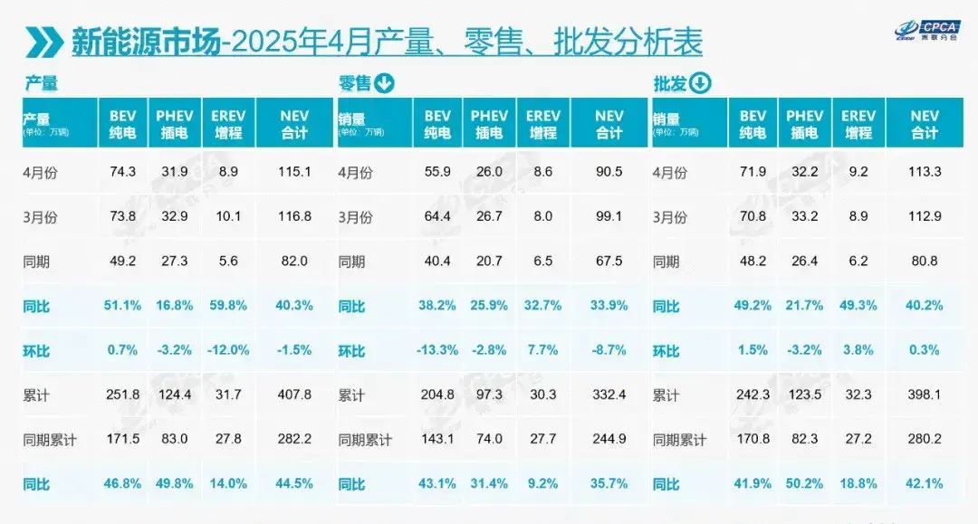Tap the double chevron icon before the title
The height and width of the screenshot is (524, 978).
[43, 43]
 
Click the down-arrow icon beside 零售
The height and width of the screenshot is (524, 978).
[384, 84]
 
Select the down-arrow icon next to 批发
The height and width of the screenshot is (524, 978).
[700, 84]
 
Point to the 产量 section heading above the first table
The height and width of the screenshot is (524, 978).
[41, 84]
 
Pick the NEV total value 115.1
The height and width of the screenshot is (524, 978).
[293, 172]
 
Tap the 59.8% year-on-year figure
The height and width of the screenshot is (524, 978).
[228, 306]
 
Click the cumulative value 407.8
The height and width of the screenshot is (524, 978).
[293, 395]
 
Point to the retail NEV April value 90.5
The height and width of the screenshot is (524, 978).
[609, 172]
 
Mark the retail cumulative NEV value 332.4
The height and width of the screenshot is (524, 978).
[609, 395]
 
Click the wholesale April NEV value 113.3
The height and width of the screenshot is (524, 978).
[925, 172]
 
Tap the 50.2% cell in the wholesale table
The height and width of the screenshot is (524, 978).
[804, 483]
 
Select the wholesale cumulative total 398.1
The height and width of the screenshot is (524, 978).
[925, 395]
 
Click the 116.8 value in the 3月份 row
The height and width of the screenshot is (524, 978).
[293, 217]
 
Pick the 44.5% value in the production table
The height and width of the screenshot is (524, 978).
[293, 483]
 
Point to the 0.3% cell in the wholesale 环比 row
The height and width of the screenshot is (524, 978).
[925, 350]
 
